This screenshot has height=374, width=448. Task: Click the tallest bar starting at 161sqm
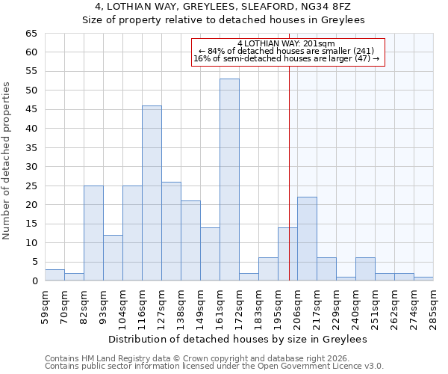[229, 180]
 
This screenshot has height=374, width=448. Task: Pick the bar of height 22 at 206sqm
[307, 239]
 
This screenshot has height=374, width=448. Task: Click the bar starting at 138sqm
[190, 241]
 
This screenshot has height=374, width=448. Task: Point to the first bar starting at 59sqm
[55, 275]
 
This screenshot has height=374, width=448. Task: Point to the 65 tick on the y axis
[31, 34]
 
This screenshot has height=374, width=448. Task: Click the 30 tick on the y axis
[31, 167]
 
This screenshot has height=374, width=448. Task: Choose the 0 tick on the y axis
[34, 281]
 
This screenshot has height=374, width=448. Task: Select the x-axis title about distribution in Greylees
[237, 340]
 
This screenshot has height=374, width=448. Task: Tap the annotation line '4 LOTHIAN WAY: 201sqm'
[287, 43]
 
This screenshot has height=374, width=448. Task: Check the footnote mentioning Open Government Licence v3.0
[214, 366]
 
